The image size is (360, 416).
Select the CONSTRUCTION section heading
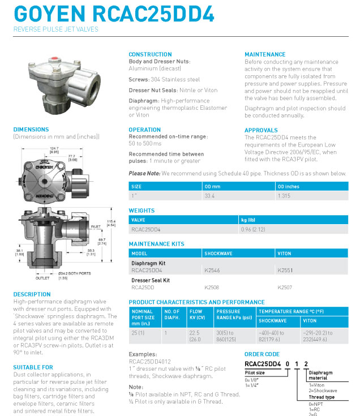tap(150, 54)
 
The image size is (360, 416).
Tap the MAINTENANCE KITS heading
tap(157, 244)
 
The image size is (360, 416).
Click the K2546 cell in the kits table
tap(212, 271)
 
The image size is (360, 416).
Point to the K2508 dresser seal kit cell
tap(212, 287)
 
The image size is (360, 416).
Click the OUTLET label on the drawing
tap(42, 278)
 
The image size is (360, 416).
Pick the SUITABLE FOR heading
tap(33, 367)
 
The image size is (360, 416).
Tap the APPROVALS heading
tap(261, 130)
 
